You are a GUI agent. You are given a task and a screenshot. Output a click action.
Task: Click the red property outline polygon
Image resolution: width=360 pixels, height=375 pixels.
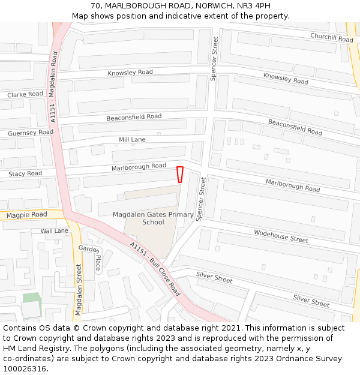point(179,174)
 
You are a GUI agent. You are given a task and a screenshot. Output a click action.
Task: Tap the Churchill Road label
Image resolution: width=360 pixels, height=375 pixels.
point(331,37)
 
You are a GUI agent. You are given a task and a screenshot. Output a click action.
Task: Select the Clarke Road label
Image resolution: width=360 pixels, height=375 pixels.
point(25,94)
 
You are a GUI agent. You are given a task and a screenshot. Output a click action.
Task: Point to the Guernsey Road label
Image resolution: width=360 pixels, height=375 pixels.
point(30,132)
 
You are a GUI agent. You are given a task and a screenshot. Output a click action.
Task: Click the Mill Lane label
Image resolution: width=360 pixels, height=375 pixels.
point(132,139)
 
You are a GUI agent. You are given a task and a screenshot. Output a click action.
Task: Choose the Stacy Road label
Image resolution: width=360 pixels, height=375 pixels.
point(25,173)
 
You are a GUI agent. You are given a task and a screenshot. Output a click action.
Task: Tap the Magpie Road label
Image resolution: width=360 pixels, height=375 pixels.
point(26,214)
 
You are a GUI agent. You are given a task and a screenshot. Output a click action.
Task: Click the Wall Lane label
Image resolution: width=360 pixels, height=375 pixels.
point(54,230)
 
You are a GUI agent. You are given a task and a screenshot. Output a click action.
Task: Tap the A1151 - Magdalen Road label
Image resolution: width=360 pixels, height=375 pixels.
point(54,87)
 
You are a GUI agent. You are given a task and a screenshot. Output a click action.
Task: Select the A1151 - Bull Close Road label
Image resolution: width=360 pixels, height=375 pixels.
point(155,268)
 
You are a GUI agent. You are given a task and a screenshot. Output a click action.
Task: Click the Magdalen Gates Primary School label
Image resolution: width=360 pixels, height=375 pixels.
point(153,218)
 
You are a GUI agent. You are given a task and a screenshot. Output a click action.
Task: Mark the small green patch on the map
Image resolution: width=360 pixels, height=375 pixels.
point(32,298)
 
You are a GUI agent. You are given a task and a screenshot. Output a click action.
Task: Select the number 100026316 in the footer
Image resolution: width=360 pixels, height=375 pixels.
point(25,368)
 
